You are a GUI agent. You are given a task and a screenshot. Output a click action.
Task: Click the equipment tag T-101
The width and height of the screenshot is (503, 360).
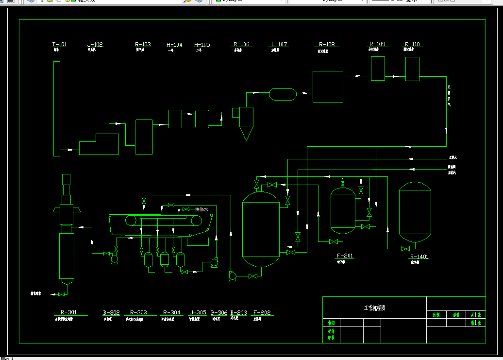(59, 45)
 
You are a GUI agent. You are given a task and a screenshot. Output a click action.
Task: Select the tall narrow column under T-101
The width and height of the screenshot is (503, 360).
(56, 109)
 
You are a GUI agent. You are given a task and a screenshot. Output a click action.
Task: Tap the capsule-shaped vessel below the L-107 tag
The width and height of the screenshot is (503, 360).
(283, 94)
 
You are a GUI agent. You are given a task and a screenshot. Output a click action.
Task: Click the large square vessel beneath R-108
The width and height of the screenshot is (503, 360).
(328, 86)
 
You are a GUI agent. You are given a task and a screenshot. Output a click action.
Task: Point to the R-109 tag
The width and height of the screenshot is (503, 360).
(377, 44)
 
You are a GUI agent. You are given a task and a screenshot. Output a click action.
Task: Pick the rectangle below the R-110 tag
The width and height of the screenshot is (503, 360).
(412, 69)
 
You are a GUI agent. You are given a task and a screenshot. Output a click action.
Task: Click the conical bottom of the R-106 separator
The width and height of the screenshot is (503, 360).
(246, 133)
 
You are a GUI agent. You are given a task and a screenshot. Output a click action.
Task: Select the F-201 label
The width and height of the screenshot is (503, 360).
(345, 256)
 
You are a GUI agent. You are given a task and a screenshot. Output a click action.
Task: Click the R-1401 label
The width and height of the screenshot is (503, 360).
(419, 257)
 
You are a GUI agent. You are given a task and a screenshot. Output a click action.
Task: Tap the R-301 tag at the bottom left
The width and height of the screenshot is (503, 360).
(68, 312)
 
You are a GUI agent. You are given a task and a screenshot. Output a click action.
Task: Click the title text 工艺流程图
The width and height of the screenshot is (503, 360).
(374, 308)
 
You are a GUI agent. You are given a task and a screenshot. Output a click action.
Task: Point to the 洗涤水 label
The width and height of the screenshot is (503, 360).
(201, 209)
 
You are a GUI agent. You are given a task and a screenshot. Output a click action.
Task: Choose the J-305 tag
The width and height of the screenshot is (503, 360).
(198, 313)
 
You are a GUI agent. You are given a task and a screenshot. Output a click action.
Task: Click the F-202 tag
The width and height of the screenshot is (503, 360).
(262, 313)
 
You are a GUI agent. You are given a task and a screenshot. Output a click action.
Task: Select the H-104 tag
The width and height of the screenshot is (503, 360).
(174, 45)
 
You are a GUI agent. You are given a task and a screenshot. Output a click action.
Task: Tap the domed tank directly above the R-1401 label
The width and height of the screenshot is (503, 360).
(415, 212)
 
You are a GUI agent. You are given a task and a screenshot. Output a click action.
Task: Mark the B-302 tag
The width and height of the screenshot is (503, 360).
(111, 313)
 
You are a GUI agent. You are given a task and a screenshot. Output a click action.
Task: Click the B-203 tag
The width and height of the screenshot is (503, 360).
(238, 313)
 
